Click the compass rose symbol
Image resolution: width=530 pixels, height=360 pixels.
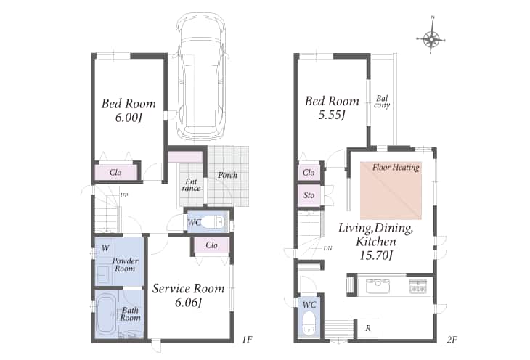point(432,38)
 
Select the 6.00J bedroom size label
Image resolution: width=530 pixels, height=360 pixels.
point(129,118)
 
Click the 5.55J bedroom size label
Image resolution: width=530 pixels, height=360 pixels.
point(332,115)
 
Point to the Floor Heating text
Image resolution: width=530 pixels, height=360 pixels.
point(396,167)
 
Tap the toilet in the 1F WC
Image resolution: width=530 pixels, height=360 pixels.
point(213,222)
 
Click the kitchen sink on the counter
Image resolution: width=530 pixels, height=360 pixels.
point(378,286)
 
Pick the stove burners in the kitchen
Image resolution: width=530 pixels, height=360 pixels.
point(417,286)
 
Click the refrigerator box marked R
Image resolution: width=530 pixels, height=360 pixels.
point(368,328)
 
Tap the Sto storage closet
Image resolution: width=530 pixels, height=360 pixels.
point(309,195)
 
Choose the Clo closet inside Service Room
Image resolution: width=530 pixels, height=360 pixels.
point(211,245)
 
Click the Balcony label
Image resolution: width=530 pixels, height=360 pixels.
point(382,102)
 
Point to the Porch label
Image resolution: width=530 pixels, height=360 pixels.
point(227,175)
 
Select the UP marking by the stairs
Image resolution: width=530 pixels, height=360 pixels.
point(124,195)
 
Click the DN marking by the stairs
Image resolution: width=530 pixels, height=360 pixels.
point(327,248)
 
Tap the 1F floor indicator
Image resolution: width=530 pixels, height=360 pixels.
point(247,339)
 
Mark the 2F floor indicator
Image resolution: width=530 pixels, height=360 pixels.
point(452,339)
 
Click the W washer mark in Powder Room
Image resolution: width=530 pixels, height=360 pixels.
point(105,248)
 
